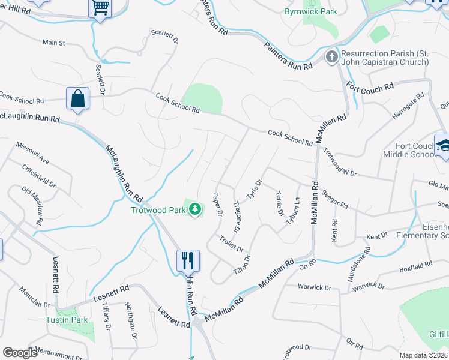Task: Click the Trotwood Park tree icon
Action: click(194, 209)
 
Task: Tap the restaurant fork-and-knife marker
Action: click(188, 260)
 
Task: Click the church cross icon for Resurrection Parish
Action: click(331, 58)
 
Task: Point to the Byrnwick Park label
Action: click(311, 11)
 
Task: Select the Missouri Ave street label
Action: click(32, 154)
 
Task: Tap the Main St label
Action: click(53, 43)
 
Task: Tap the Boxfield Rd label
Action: click(415, 264)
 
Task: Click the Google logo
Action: click(20, 353)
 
